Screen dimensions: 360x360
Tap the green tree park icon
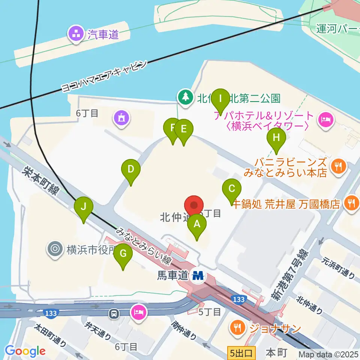click(184, 98)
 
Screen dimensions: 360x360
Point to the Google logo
click(25, 351)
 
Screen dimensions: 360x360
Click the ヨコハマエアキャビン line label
click(104, 77)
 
